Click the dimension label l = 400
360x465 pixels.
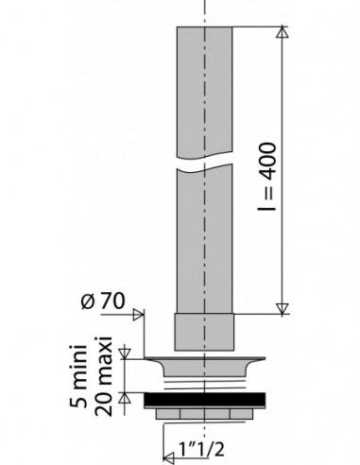(267, 177)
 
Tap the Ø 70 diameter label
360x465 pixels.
(103, 301)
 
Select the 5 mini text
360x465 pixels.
(78, 376)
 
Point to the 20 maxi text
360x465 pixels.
(103, 376)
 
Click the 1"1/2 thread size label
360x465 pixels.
(201, 449)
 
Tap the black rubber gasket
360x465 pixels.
(204, 399)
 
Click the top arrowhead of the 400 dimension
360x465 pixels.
(282, 32)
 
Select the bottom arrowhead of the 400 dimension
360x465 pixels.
(282, 309)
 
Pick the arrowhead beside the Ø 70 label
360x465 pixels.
(138, 315)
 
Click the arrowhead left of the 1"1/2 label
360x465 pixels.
(169, 457)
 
